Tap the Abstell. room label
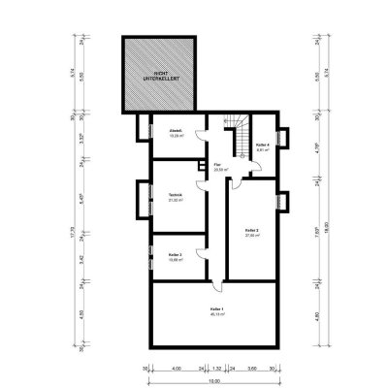tap(177, 134)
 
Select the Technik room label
tap(176, 197)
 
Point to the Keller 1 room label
tap(215, 311)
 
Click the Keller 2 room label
tap(251, 231)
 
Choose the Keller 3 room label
tap(176, 258)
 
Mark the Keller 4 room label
tap(262, 147)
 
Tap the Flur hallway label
tap(218, 167)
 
